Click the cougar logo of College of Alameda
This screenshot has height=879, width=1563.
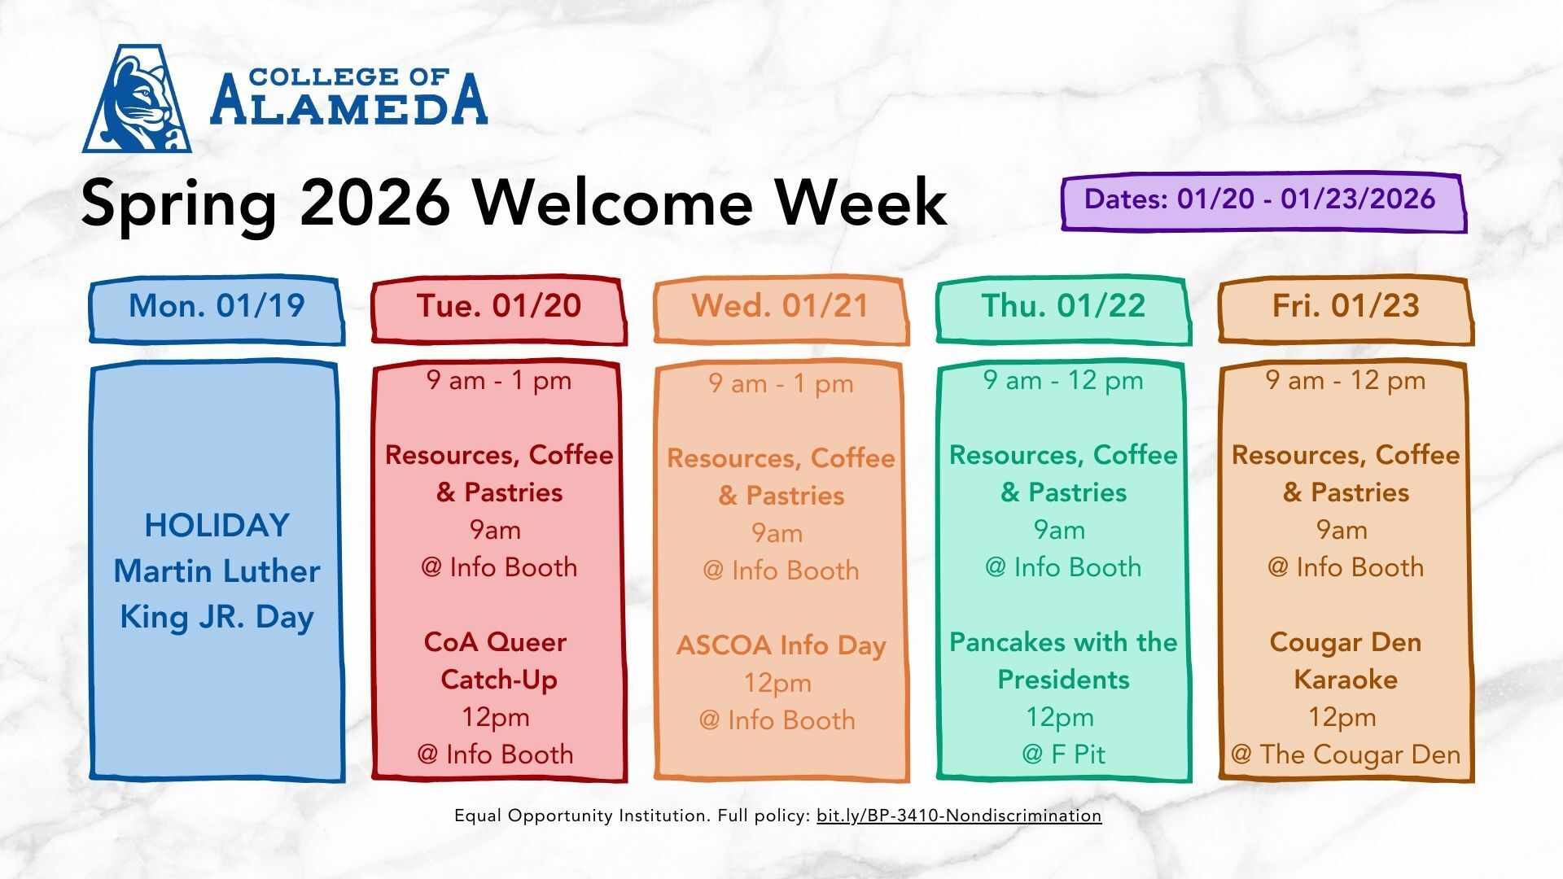(137, 98)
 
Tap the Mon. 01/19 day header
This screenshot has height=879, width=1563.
(217, 310)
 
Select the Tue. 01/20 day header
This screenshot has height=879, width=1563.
(499, 310)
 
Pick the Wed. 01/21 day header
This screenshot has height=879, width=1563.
(781, 310)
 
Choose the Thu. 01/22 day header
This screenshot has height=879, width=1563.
(1063, 310)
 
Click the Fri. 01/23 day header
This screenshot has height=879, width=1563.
(1346, 310)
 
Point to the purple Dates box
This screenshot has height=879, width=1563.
(1263, 203)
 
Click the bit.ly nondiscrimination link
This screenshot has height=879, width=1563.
(959, 816)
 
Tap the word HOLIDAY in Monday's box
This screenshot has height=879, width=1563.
(217, 526)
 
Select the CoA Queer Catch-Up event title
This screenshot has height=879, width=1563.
(497, 660)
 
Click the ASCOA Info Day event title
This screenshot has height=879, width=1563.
(781, 645)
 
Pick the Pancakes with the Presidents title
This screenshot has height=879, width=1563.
(1063, 660)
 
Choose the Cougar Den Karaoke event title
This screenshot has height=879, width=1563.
(1346, 660)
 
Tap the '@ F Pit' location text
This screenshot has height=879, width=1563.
(1063, 754)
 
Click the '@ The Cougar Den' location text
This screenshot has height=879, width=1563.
(1346, 754)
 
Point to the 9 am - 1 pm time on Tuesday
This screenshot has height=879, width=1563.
(499, 380)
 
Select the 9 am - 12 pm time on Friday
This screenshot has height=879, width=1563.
(1346, 380)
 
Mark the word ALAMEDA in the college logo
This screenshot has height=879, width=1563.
(349, 100)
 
